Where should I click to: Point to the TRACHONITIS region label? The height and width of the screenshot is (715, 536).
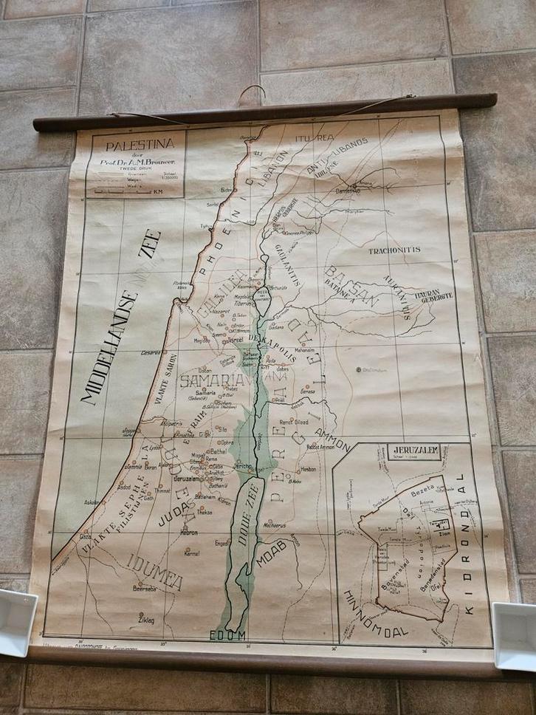coord(394,250)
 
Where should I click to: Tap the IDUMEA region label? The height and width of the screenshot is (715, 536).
coord(155,570)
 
